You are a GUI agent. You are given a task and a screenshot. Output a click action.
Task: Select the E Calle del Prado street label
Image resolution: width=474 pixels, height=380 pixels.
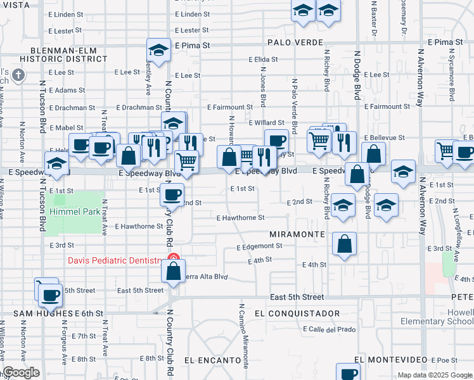[330, 329]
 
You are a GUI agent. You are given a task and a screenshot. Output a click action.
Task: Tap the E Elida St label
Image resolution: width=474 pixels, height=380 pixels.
[264, 60]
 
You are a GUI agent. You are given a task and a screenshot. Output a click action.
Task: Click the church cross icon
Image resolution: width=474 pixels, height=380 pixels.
[19, 76]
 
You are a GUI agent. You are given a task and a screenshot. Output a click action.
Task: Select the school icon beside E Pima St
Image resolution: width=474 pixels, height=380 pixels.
[158, 49]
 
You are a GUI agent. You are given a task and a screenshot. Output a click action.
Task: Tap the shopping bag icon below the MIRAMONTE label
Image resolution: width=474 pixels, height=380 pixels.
[344, 244]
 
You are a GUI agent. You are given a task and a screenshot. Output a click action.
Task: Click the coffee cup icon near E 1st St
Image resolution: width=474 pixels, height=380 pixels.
[171, 194]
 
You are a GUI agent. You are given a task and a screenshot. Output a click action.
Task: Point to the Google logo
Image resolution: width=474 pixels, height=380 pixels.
[21, 373]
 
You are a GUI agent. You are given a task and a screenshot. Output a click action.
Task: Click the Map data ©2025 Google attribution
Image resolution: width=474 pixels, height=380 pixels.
[434, 375]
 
